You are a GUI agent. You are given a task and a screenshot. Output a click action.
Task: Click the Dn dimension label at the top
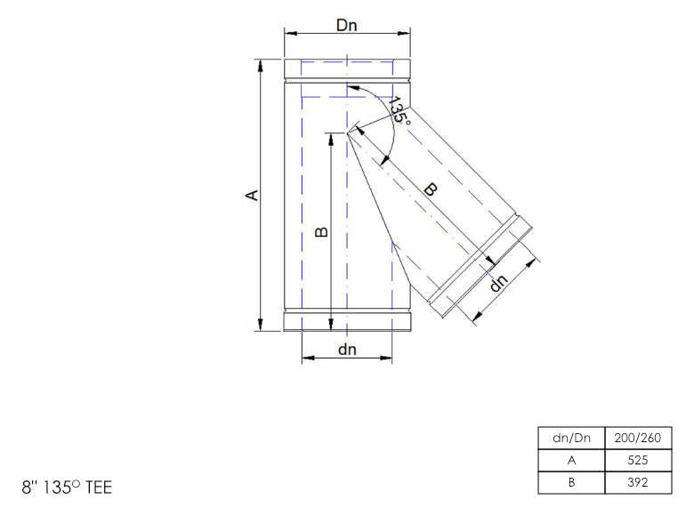[x=347, y=25]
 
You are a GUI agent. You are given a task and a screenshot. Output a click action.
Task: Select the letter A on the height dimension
[x=252, y=195]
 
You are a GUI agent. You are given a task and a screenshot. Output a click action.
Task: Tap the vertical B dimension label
[x=322, y=231]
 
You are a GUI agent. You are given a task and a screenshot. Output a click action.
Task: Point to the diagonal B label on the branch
[x=431, y=189]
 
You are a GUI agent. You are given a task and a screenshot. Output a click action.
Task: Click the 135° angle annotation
[x=399, y=110]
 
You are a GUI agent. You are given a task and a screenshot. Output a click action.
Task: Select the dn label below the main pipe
[x=347, y=350]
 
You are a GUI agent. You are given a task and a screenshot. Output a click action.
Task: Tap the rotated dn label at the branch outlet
[x=498, y=283]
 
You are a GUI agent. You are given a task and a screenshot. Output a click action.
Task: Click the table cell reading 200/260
[x=638, y=438]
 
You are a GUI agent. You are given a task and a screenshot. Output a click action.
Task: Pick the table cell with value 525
[x=638, y=460]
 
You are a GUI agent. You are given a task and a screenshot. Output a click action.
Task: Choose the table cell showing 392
[x=638, y=482]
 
